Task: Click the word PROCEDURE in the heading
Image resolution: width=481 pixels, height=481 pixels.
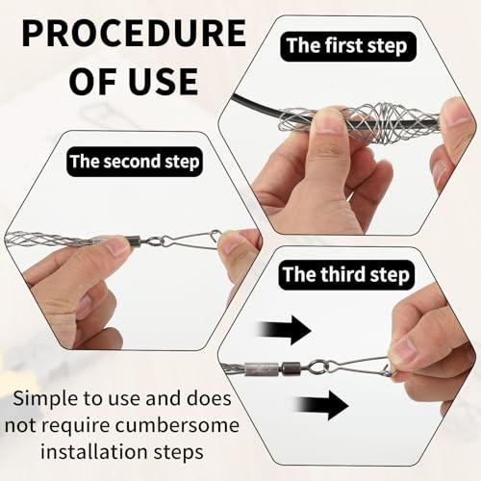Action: [134, 33]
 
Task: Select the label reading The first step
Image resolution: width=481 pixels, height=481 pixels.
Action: [347, 46]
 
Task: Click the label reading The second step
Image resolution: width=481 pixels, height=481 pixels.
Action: [135, 162]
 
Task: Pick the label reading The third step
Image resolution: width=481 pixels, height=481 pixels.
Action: [346, 275]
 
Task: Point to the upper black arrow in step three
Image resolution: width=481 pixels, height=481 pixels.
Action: [285, 330]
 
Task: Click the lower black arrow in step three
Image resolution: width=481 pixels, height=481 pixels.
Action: [322, 405]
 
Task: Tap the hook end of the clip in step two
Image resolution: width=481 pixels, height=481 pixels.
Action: [216, 234]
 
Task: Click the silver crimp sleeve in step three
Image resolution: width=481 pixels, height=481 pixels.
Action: [262, 368]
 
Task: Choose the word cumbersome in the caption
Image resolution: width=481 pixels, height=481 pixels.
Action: [177, 426]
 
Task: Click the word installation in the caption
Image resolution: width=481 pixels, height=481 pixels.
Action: [94, 452]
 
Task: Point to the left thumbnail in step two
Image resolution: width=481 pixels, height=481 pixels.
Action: [117, 247]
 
